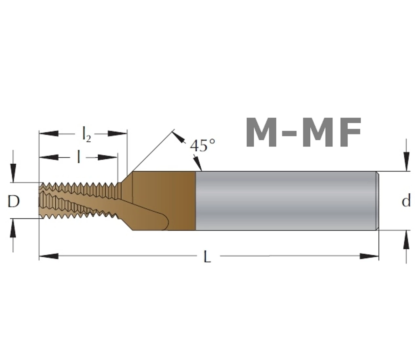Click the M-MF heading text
303,133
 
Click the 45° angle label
202,145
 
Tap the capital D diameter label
13,202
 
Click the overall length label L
207,257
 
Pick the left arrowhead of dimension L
49,256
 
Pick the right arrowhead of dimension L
369,256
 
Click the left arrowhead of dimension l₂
49,134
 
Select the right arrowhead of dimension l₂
117,134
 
